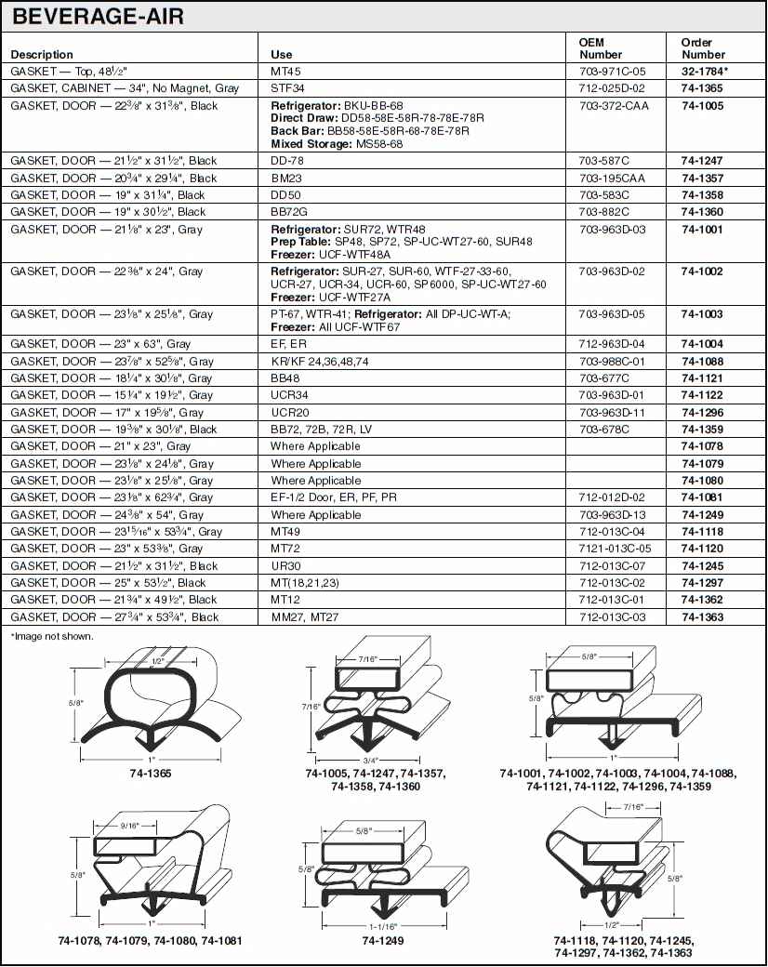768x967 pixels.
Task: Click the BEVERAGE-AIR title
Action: [x=98, y=16]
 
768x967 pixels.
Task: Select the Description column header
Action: [x=42, y=55]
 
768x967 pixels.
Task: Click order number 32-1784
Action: [x=704, y=72]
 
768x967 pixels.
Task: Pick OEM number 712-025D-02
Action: [x=612, y=88]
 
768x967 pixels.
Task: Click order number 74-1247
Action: [x=701, y=161]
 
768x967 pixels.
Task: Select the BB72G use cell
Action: [x=290, y=212]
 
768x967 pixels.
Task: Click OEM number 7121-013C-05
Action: [x=615, y=549]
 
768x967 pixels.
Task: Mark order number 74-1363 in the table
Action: [x=701, y=616]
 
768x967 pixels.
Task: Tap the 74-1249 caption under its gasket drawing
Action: [x=381, y=940]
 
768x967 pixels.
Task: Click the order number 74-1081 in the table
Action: [x=701, y=497]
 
